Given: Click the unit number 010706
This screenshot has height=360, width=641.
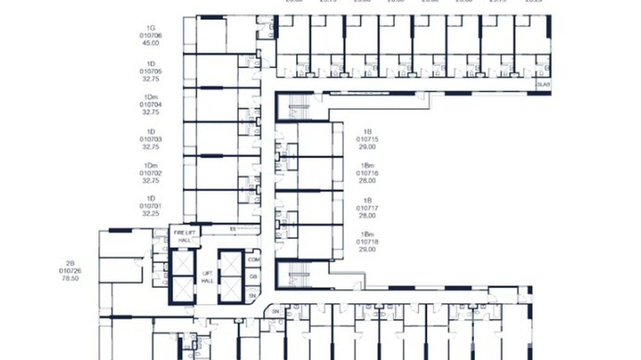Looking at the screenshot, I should point(150,36).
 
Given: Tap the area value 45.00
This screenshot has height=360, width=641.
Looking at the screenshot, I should point(150,43).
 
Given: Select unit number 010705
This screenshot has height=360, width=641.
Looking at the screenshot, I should point(150,71).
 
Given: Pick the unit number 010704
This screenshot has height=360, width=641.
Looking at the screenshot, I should point(150,105).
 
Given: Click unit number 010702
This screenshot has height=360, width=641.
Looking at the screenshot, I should point(150,173).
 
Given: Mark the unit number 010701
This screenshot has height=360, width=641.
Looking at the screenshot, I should point(150,206).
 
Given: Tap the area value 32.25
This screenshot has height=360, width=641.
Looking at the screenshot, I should point(150,214).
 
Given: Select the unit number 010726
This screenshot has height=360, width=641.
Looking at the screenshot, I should point(70,270).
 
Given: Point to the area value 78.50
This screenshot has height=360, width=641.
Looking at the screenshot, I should point(70,278).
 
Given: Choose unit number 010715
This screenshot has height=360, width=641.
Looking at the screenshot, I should point(367,139).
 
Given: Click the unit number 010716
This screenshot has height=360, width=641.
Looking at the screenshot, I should point(367,173).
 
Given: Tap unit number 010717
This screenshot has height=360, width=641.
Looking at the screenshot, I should point(367,208).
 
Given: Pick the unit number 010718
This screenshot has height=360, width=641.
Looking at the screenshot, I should point(367,242).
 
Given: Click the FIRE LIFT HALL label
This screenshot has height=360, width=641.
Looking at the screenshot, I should point(185,236).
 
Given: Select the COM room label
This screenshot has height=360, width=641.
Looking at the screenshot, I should point(254,259).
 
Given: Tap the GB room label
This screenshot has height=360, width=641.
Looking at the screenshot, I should point(253,276).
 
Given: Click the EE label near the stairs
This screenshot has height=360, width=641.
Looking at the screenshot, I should point(233,229).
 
